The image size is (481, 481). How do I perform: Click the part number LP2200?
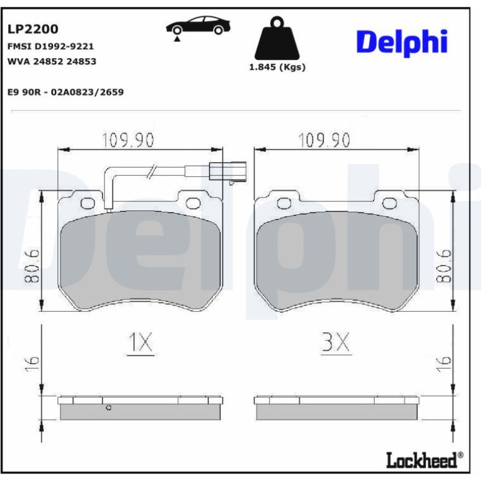[33, 29]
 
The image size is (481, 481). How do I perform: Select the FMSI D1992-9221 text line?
[51, 46]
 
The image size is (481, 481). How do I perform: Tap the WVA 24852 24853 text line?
[52, 61]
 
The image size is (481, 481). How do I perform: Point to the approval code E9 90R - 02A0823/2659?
[66, 92]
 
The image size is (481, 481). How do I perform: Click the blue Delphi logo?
[402, 43]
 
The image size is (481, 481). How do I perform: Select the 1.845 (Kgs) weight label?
[277, 67]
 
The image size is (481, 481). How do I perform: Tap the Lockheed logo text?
[425, 460]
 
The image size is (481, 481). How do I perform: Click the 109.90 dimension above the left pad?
[127, 139]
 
